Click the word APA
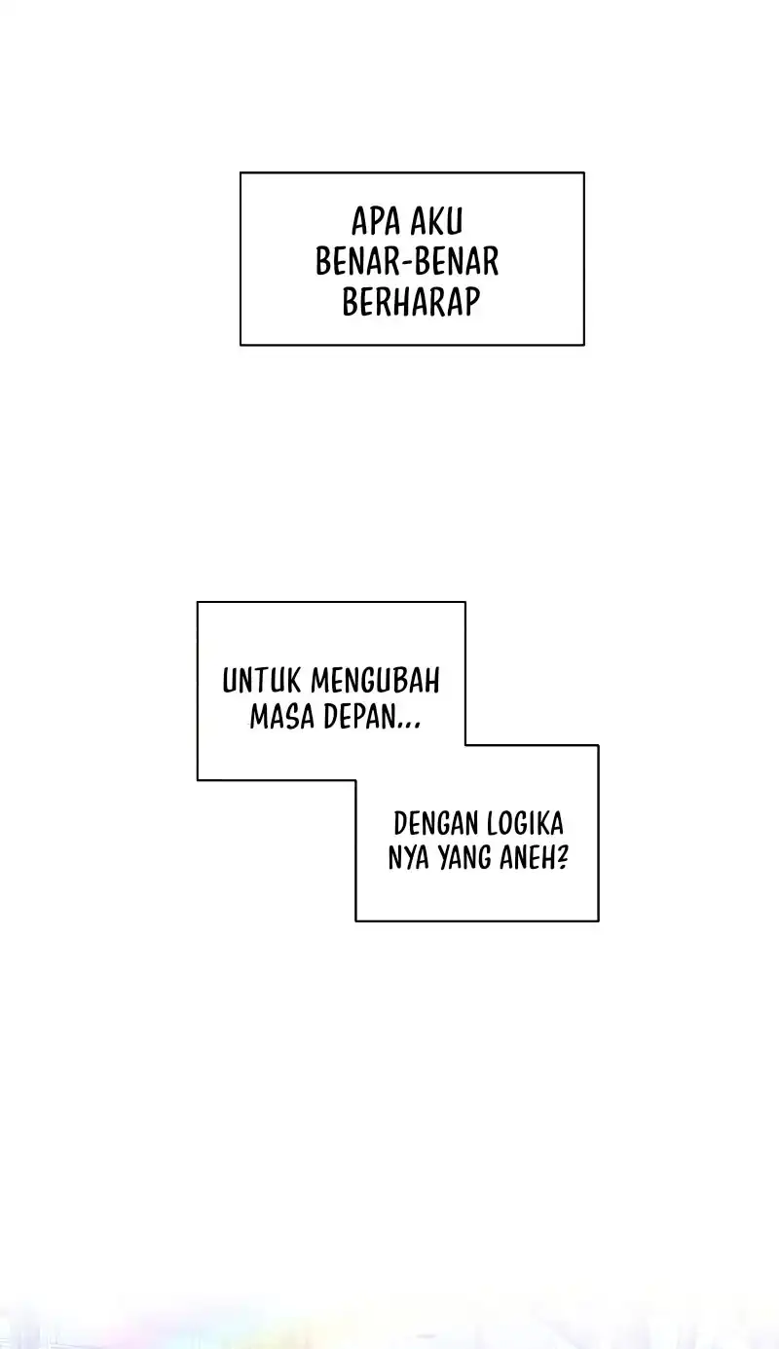376,221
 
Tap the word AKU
436,221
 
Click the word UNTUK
261,681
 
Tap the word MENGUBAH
376,681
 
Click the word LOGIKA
525,823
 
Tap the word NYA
408,857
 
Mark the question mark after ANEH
562,857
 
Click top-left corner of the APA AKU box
241,172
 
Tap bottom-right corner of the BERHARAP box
584,345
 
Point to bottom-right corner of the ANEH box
599,920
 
